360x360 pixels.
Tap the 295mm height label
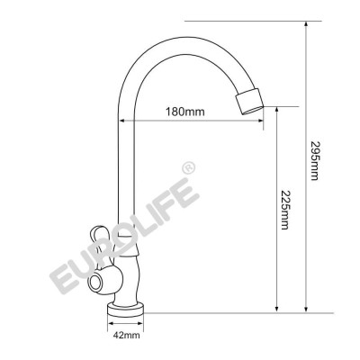pos(313,162)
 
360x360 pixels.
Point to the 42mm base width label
pos(126,336)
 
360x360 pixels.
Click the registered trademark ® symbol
pos(187,167)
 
